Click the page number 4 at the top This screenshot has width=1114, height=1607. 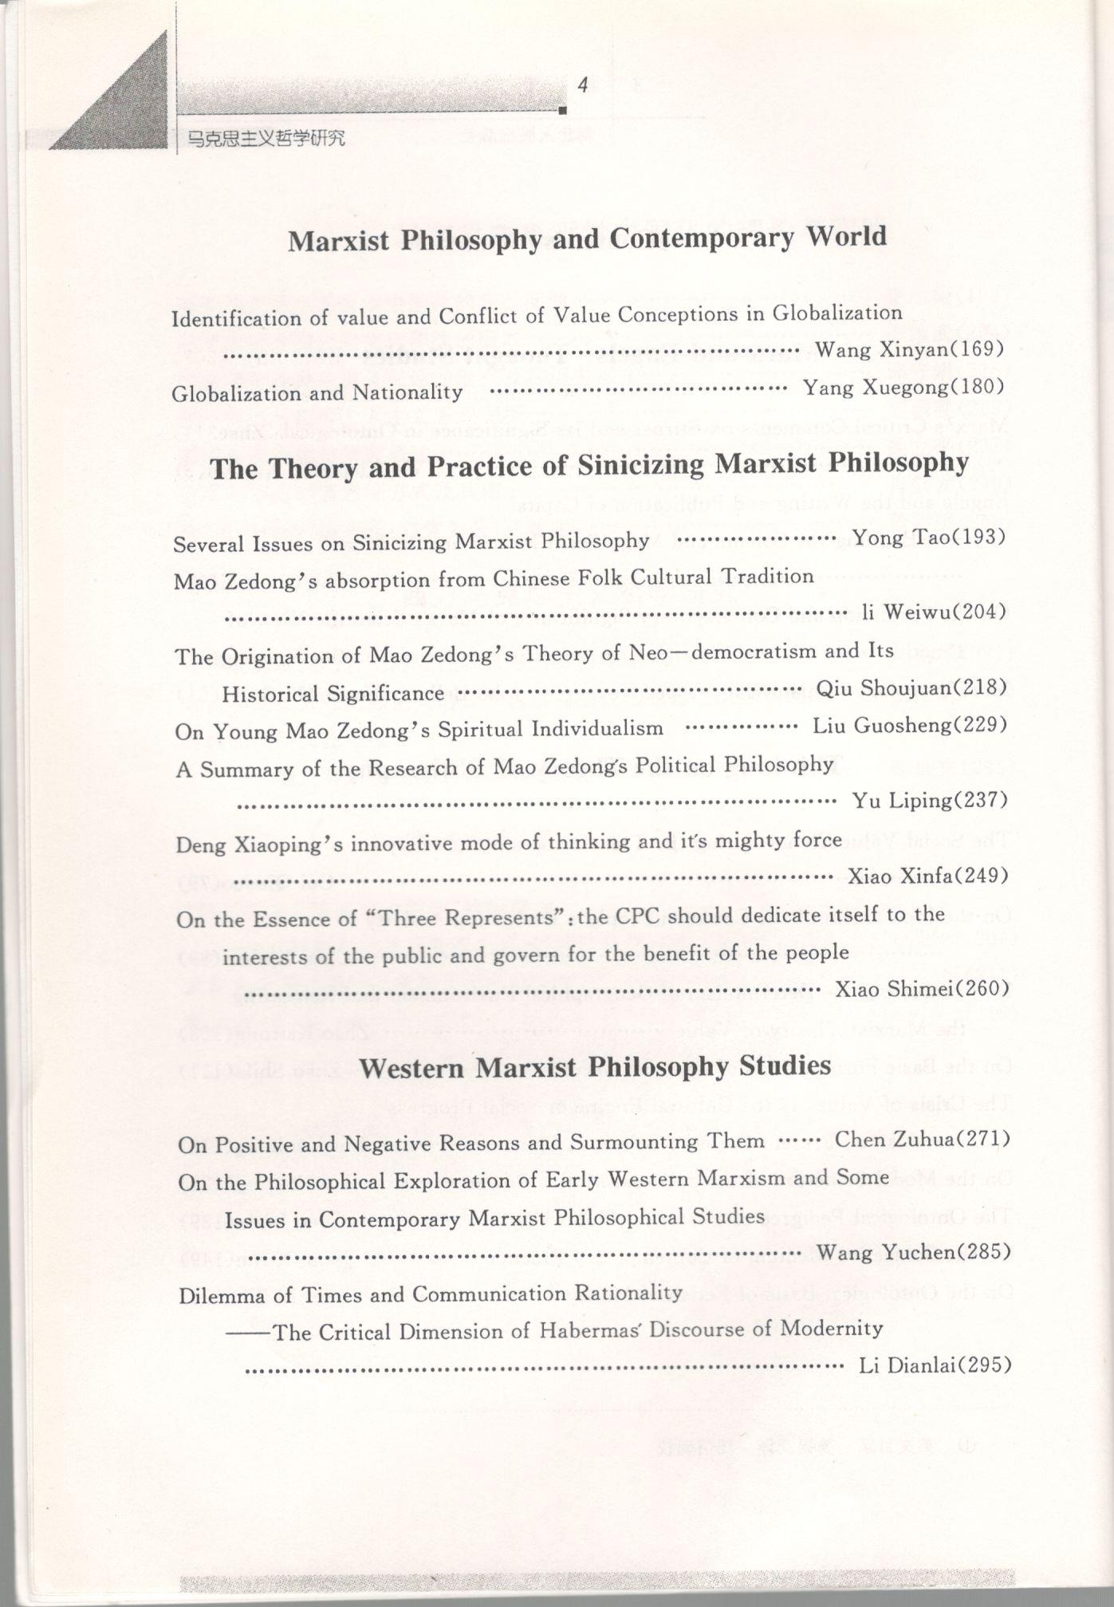pos(583,85)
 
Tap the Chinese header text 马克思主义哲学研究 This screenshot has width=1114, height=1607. pos(266,138)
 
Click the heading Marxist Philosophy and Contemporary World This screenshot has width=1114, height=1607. pos(587,238)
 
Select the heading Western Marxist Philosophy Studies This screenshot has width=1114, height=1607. pos(595,1066)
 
